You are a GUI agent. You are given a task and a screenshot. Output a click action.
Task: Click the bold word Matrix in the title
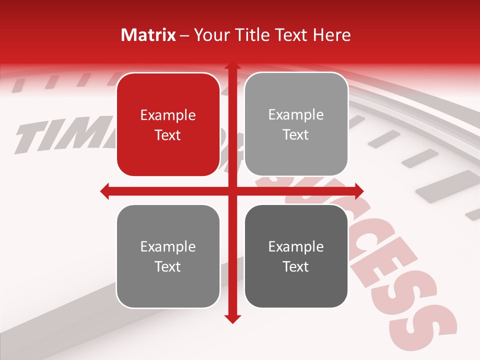pos(148,35)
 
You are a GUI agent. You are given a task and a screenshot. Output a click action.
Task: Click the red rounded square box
pos(168,124)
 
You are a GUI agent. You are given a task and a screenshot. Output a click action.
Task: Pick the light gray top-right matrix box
pos(296,124)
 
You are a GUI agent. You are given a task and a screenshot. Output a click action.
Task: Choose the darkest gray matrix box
pos(296,256)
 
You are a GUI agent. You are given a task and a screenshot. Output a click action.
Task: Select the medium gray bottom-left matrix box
pos(168,256)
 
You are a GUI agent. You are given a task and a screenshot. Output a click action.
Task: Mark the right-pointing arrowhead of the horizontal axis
pos(358,191)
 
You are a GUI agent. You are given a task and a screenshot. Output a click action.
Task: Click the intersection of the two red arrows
pos(232,191)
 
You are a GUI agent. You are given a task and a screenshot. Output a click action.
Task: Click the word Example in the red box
pos(168,115)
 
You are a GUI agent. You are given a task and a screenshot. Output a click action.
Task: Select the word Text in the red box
pos(168,135)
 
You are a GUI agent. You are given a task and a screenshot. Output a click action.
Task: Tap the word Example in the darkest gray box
pos(296,246)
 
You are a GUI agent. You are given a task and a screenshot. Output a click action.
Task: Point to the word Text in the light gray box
pos(296,134)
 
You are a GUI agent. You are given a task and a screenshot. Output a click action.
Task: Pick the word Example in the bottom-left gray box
pos(168,246)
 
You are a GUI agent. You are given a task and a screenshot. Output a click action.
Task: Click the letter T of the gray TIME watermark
pos(30,137)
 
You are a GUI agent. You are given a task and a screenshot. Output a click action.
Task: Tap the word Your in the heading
pos(209,35)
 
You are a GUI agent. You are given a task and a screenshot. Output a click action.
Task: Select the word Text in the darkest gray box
pos(296,266)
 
